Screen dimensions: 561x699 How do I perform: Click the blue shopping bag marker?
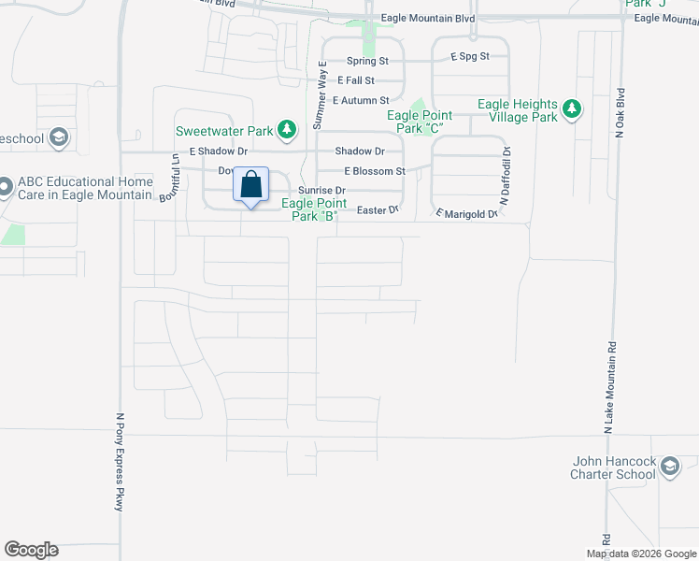250,185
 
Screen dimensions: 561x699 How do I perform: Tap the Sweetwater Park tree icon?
290,128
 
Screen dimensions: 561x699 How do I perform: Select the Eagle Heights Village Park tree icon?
571,110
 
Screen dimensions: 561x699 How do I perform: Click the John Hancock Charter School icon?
669,467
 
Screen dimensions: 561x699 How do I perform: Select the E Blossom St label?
374,171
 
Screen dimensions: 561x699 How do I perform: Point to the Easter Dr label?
378,210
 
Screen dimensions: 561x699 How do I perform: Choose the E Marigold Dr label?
466,214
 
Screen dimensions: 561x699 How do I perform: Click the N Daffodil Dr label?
506,175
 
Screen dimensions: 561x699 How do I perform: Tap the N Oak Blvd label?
620,110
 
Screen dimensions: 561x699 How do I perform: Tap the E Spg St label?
469,57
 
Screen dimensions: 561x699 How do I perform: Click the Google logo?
31,550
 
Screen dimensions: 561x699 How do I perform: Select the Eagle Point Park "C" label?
420,121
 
